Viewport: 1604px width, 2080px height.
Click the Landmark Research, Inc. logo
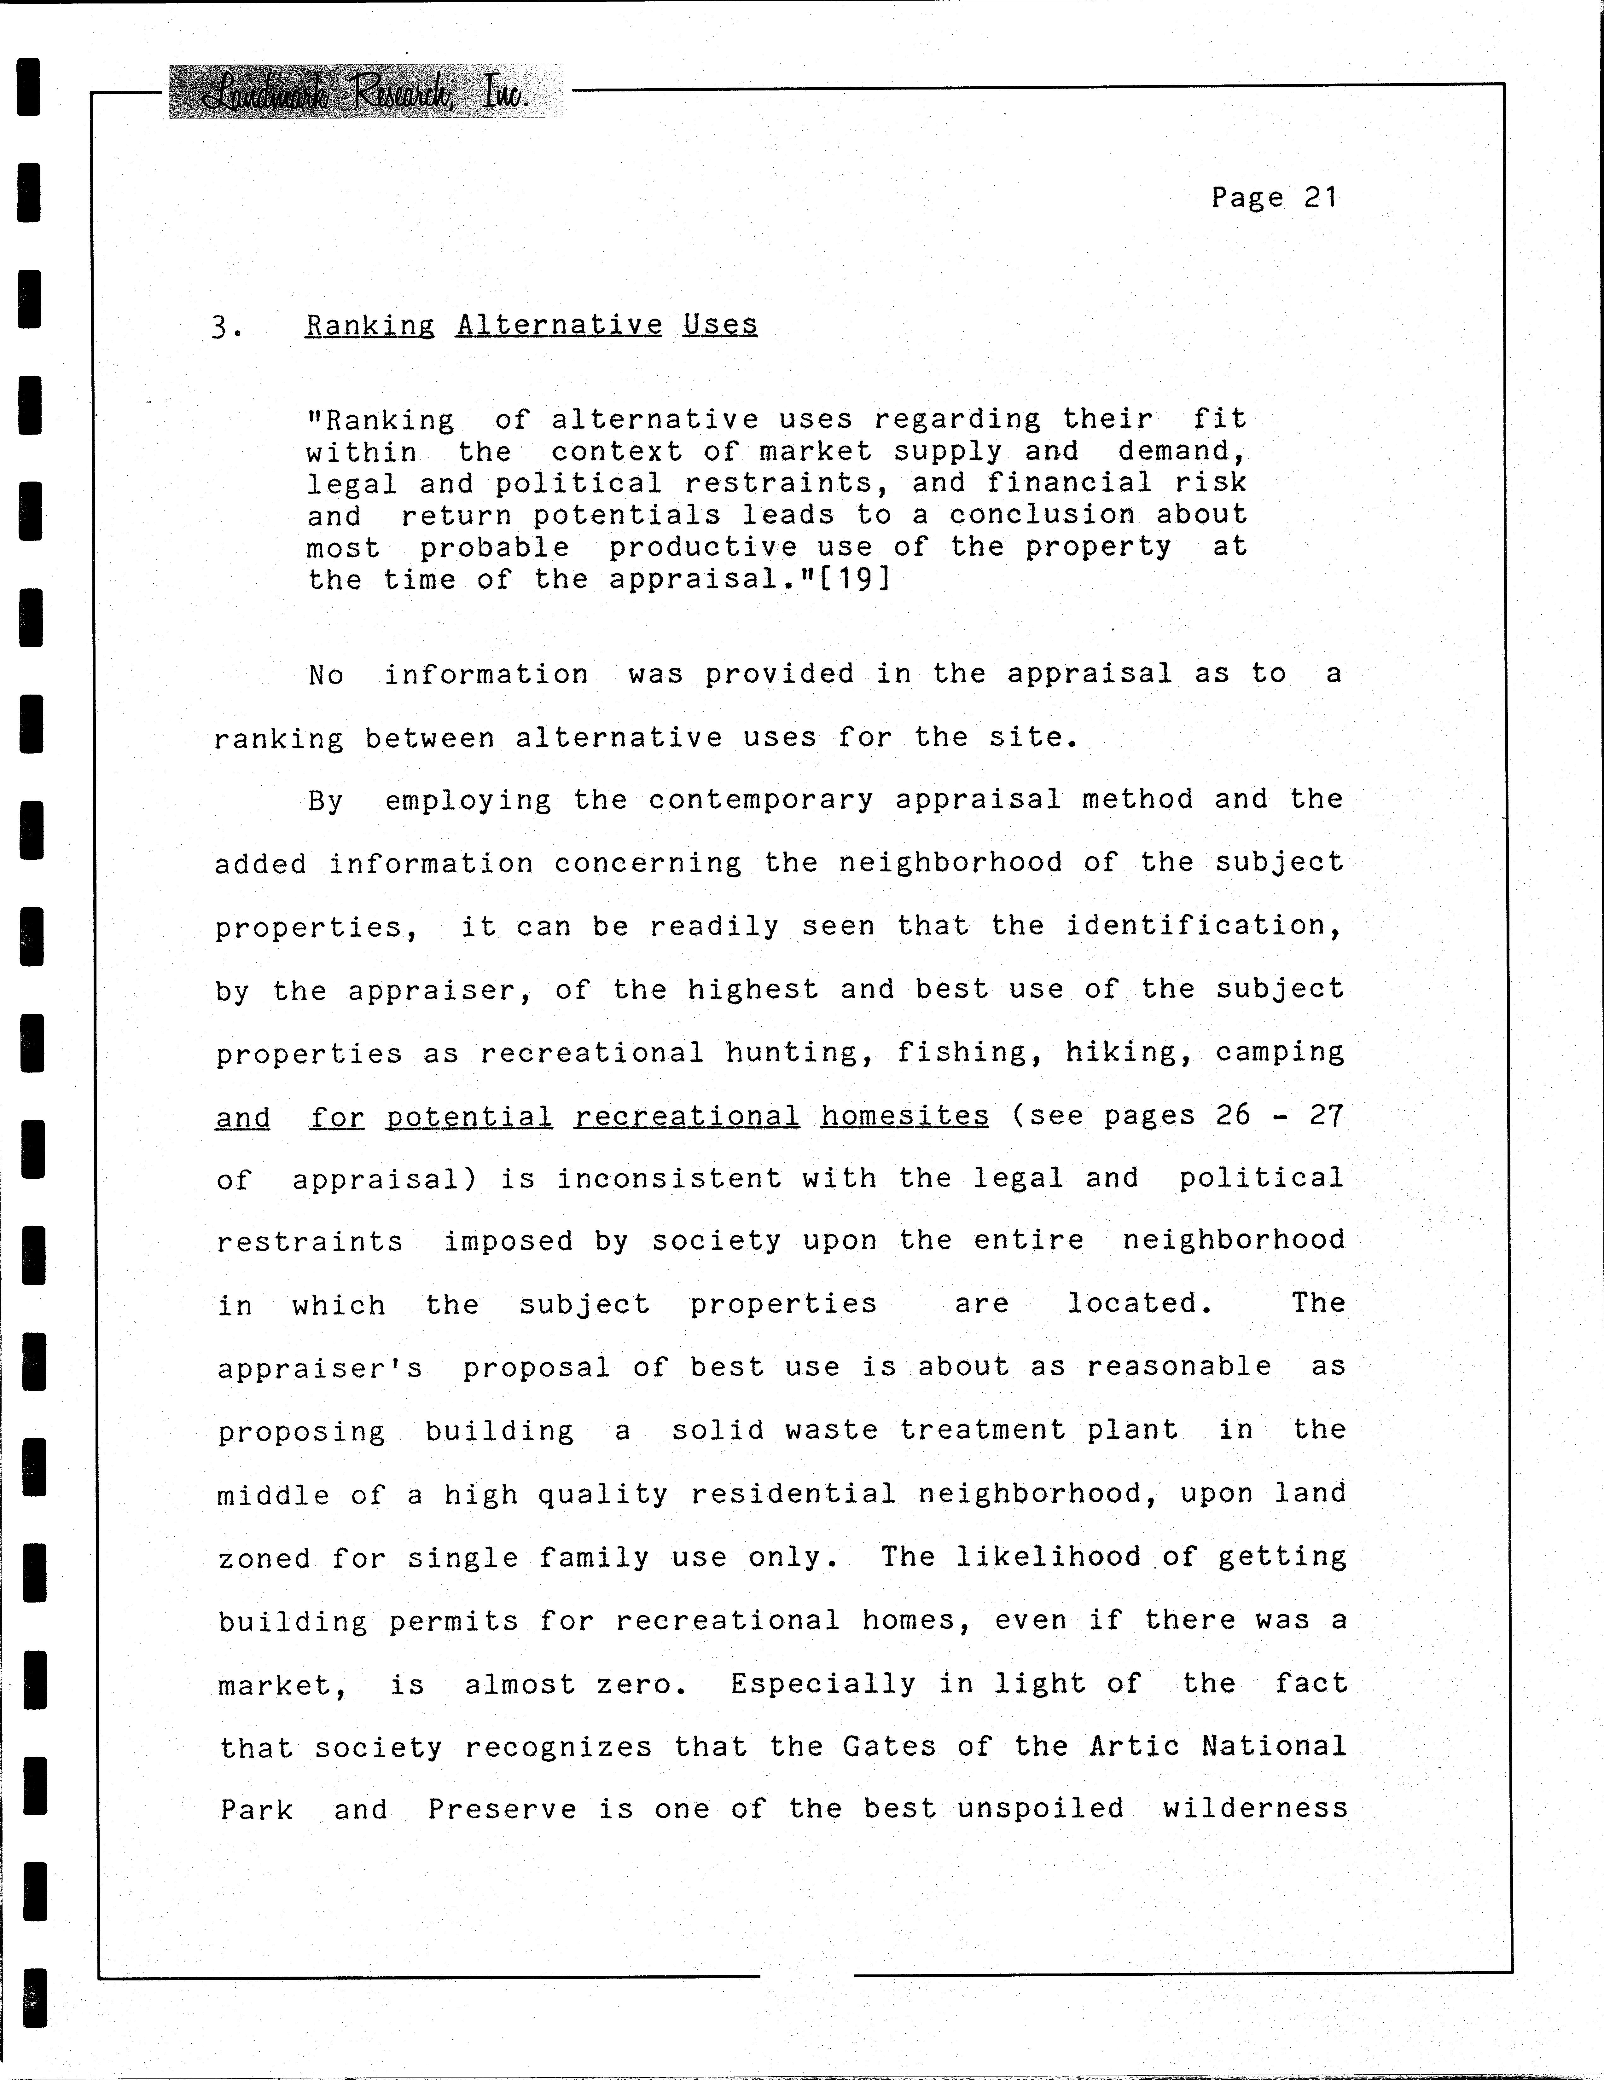click(x=366, y=92)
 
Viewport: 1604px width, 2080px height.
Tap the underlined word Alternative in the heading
click(x=559, y=325)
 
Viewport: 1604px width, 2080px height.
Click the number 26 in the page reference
click(x=1233, y=1114)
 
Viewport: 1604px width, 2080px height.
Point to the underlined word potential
click(x=469, y=1116)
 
